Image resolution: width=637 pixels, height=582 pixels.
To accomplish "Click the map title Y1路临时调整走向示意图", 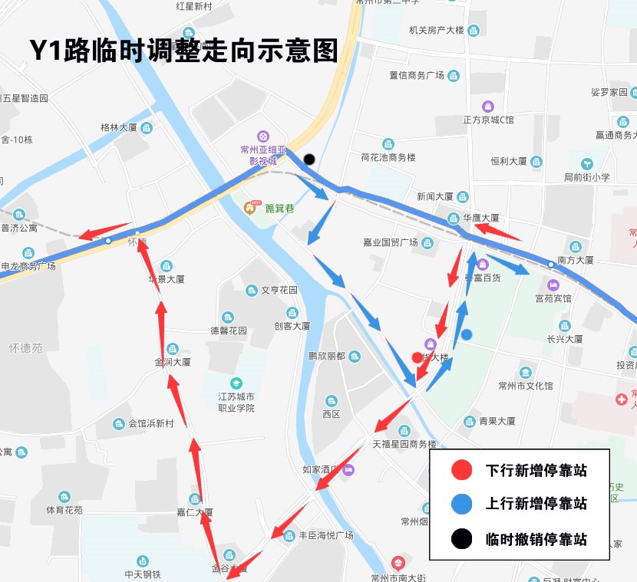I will coord(183,50).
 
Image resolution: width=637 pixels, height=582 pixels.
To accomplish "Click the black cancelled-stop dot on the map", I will coord(309,159).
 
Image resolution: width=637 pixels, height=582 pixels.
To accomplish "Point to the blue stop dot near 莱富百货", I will coord(466,334).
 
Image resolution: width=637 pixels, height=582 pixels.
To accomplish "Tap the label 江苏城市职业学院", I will coord(236,402).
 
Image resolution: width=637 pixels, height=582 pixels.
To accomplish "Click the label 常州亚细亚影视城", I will coord(262,156).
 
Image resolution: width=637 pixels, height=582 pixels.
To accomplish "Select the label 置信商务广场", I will coord(417,75).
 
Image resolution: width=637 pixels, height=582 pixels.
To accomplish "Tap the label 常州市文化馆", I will coord(525,386).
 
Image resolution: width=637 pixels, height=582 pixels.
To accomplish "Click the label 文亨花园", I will coord(279,291).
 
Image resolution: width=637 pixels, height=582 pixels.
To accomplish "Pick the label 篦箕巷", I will coord(279,208).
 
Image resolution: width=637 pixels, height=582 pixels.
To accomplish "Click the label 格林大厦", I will coord(118,127).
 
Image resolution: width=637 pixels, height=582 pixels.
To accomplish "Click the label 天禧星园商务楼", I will coord(404,444).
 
